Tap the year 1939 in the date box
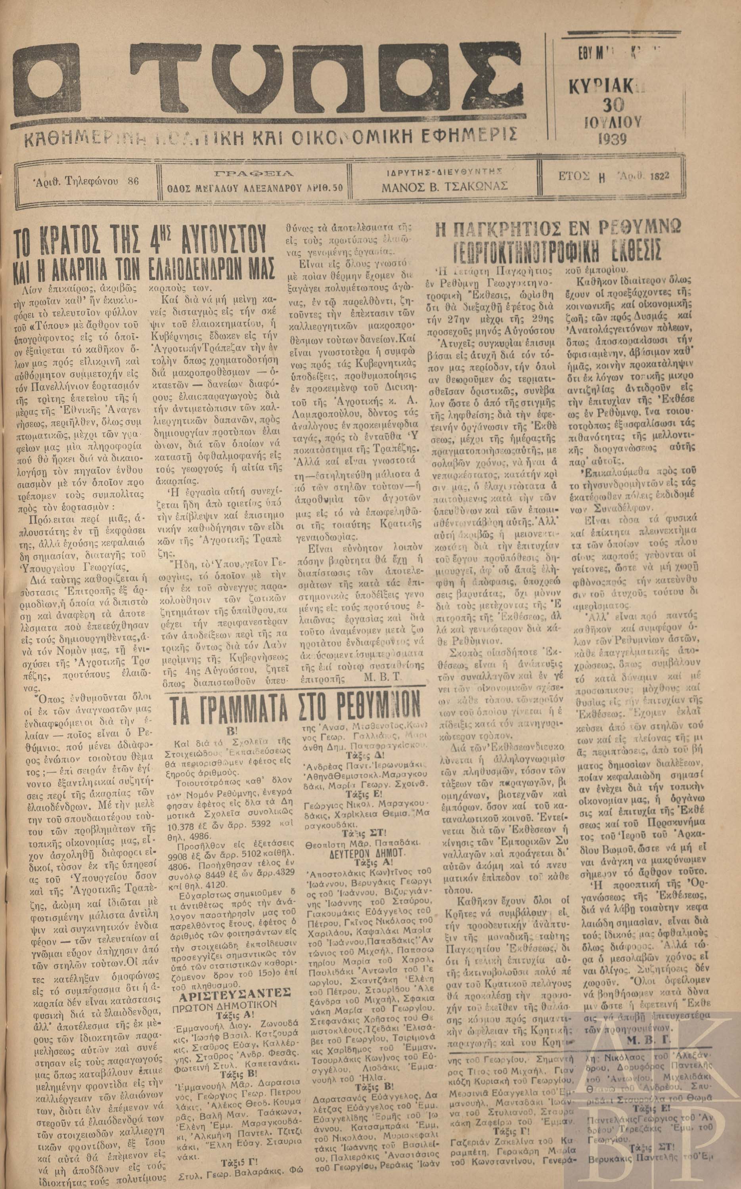(612, 140)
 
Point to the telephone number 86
(132, 181)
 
